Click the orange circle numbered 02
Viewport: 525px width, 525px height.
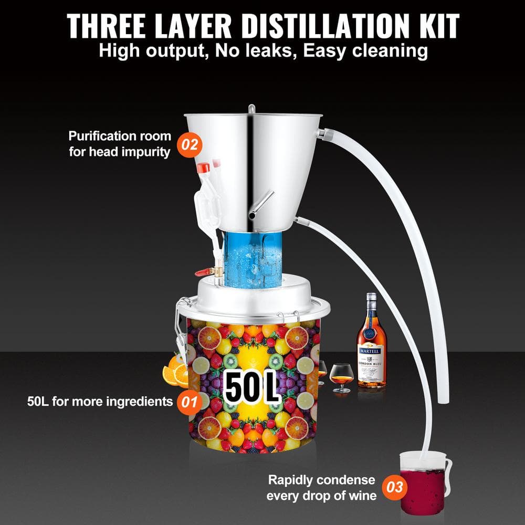pos(191,144)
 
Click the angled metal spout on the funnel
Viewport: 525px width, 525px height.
pos(265,203)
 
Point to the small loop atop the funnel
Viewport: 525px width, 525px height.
pos(251,108)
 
